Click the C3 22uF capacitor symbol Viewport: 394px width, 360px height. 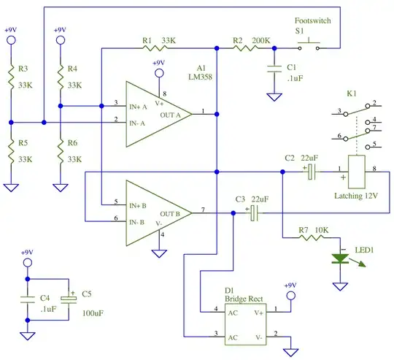[254, 212]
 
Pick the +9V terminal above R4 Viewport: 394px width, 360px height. [60, 41]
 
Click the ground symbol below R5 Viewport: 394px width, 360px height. [10, 188]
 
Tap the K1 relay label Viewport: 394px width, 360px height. [352, 95]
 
